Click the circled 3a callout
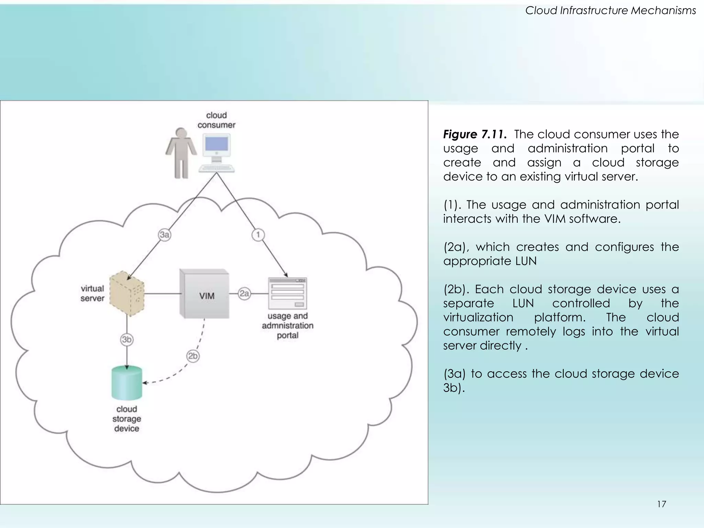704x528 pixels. click(x=165, y=235)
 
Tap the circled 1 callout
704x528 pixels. click(x=258, y=235)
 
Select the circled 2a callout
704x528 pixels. click(x=244, y=294)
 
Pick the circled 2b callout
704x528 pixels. click(x=193, y=356)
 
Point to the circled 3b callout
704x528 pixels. click(x=127, y=340)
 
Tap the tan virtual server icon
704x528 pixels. click(x=127, y=293)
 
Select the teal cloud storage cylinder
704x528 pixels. click(x=127, y=383)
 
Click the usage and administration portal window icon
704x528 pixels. click(x=287, y=294)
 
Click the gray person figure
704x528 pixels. click(x=181, y=153)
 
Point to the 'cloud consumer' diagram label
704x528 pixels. click(x=216, y=120)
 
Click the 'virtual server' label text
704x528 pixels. click(x=92, y=293)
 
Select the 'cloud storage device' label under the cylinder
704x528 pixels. click(x=126, y=419)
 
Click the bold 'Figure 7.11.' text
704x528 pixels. click(x=475, y=134)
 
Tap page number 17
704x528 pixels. click(x=661, y=504)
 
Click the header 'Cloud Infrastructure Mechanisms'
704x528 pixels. click(x=610, y=11)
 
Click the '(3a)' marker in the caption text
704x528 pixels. click(x=454, y=374)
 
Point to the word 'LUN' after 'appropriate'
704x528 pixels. click(x=526, y=261)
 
